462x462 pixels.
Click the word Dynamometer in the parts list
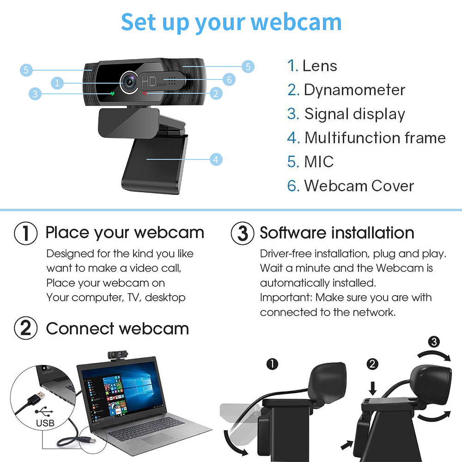point(354,90)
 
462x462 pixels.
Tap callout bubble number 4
point(216,159)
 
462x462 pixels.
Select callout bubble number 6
point(229,79)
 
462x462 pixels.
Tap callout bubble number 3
point(35,94)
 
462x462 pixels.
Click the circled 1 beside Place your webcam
point(25,233)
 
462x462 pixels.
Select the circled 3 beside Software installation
point(242,233)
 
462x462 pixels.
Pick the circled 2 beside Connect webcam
point(25,328)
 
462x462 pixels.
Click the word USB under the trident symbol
point(45,423)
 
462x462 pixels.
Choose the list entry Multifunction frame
point(375,138)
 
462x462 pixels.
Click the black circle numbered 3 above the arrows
point(433,342)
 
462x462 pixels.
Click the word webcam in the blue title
point(296,22)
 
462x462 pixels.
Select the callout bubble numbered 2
point(216,93)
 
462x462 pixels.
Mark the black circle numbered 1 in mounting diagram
point(273,365)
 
